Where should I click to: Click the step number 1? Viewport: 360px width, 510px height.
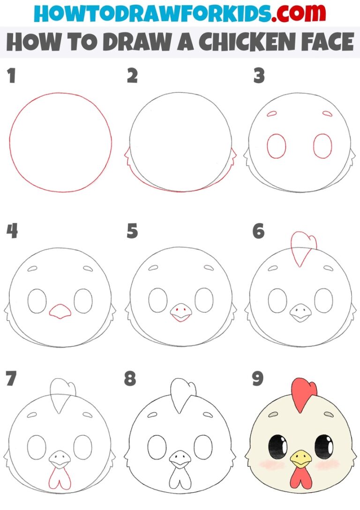point(11,76)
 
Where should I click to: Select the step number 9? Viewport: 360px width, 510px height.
point(257,379)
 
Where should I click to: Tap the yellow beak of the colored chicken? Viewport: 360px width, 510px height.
point(300,458)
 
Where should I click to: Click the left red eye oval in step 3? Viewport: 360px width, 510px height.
point(277,146)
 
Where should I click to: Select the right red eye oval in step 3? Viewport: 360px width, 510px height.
point(322,146)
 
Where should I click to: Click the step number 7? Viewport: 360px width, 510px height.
point(11,379)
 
